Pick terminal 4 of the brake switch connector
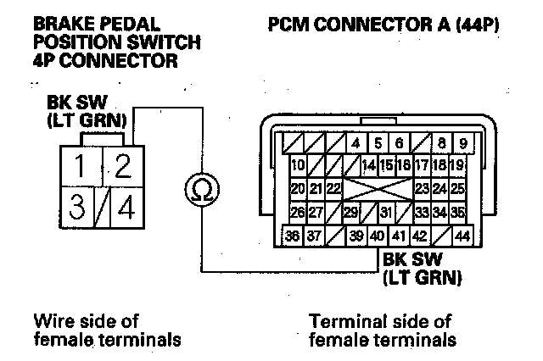coord(125,207)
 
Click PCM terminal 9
coord(463,143)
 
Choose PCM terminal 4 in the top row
coord(357,143)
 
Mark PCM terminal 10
coord(298,165)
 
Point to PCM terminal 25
coord(458,188)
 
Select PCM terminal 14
coord(369,165)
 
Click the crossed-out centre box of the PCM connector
coord(378,188)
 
